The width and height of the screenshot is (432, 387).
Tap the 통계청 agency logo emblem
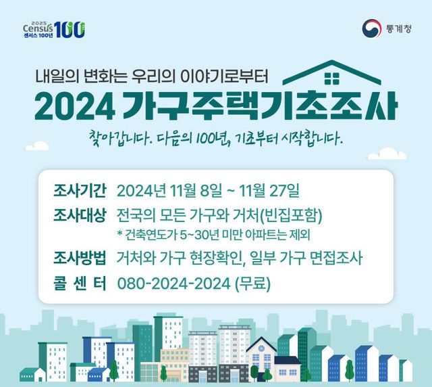[x=371, y=28]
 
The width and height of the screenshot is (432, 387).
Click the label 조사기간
[x=80, y=188]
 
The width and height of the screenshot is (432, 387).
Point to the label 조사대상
[x=80, y=216]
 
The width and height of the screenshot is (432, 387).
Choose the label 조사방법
[x=80, y=258]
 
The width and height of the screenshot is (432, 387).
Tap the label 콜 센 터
[x=80, y=283]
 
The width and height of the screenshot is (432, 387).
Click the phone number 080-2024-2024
[x=173, y=283]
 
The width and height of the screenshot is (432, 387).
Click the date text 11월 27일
[x=273, y=188]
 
